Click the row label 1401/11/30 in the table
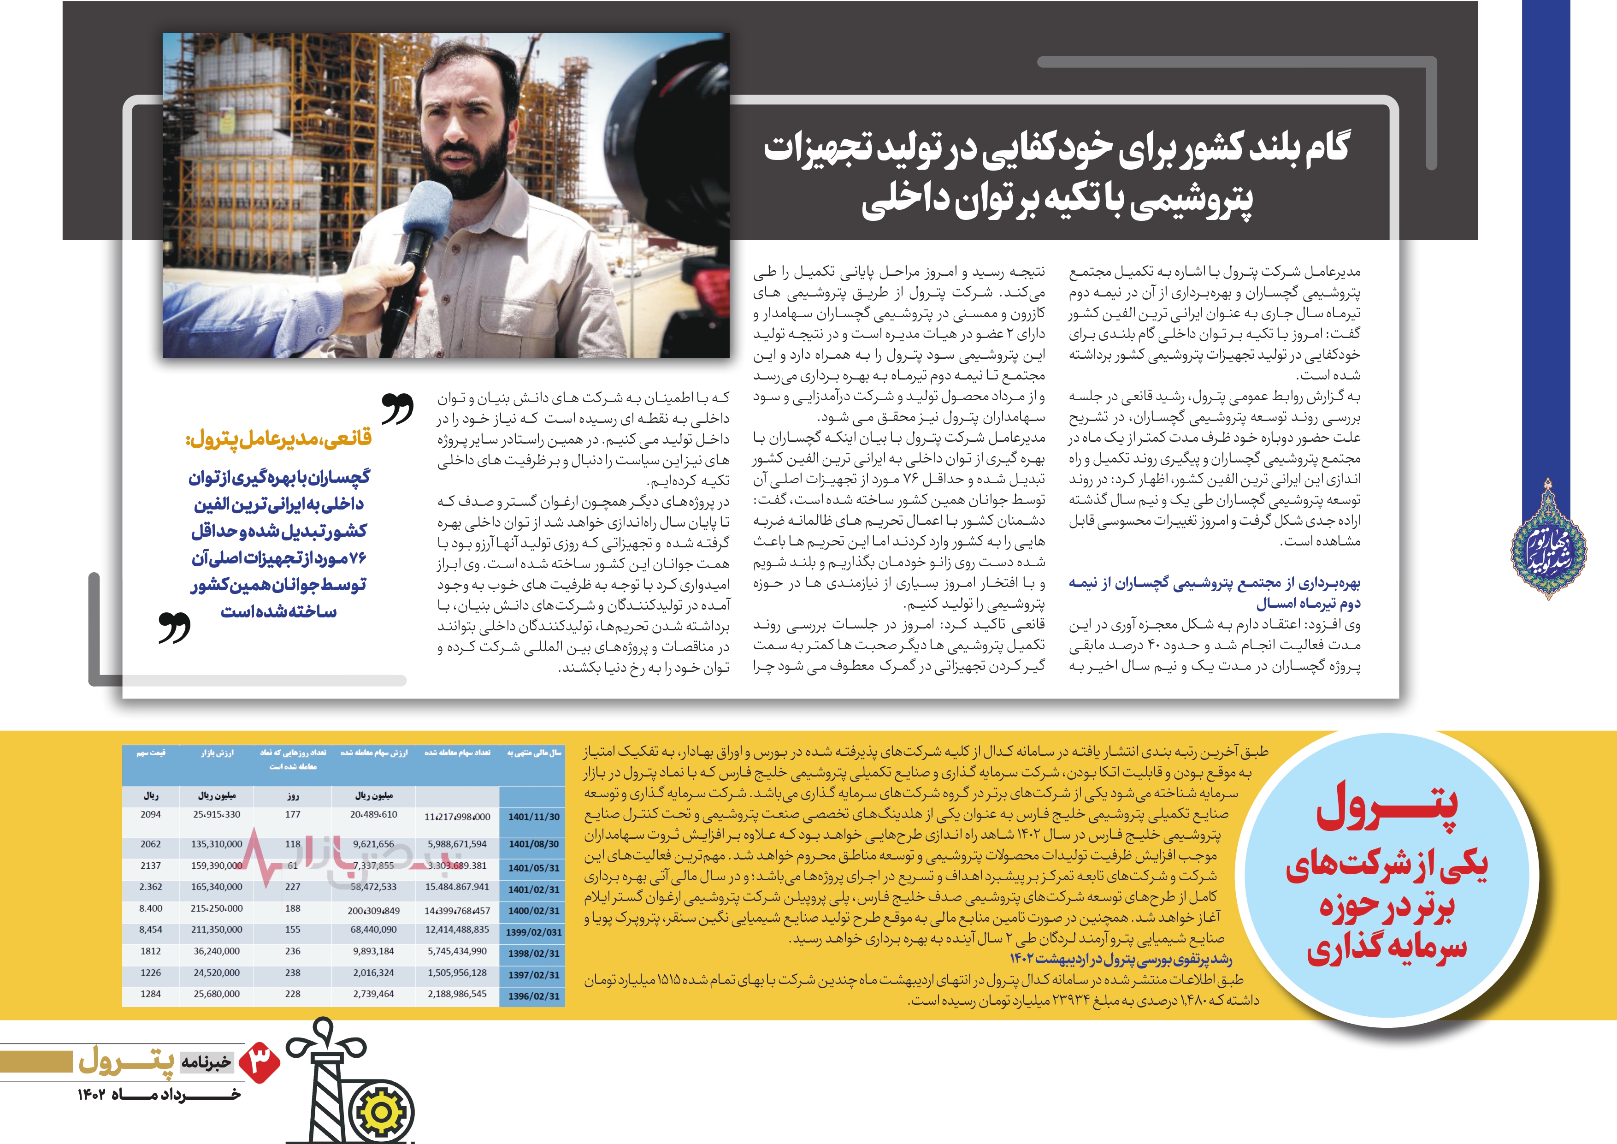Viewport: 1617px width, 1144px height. (533, 817)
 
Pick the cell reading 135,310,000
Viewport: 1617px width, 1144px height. (216, 844)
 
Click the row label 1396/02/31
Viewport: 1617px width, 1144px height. (533, 996)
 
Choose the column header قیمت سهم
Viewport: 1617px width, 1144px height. (151, 753)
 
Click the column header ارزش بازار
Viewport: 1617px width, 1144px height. (216, 753)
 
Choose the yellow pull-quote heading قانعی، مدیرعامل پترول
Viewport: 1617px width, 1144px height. (278, 439)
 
